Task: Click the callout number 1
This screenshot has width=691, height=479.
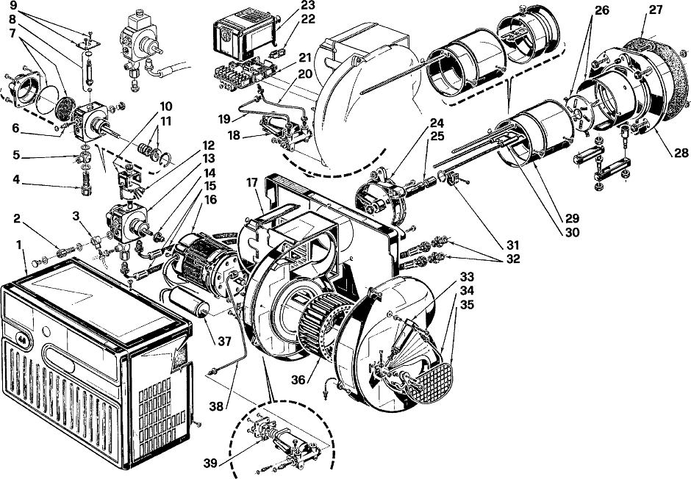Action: tap(19, 245)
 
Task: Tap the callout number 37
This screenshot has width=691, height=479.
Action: tap(225, 341)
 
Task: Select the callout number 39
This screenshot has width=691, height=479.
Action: tap(211, 462)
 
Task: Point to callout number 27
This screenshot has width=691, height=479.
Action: tap(655, 10)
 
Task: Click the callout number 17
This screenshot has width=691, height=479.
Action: tap(251, 182)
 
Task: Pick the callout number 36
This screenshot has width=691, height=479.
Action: tap(298, 380)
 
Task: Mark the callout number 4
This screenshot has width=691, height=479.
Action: tap(16, 179)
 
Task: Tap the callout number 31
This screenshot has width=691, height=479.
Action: tap(512, 245)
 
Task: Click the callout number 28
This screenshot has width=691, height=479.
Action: tap(681, 153)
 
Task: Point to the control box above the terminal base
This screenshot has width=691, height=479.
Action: tap(244, 38)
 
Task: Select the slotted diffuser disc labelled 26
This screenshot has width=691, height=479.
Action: tap(577, 112)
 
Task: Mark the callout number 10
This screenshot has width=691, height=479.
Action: tap(166, 107)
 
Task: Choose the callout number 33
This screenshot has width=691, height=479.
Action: tap(467, 277)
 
